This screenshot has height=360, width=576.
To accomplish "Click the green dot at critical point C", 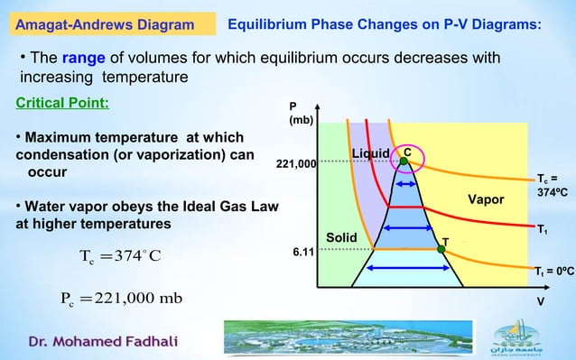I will [404, 162].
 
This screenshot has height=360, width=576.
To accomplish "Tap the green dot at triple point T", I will [442, 248].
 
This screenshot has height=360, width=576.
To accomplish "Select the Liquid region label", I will [370, 154].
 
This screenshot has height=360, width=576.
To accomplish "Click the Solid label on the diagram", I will [342, 237].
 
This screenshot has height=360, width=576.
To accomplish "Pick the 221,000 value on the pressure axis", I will [295, 165].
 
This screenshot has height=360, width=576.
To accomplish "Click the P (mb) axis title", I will [299, 113].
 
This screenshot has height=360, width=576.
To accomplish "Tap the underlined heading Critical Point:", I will [62, 103].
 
